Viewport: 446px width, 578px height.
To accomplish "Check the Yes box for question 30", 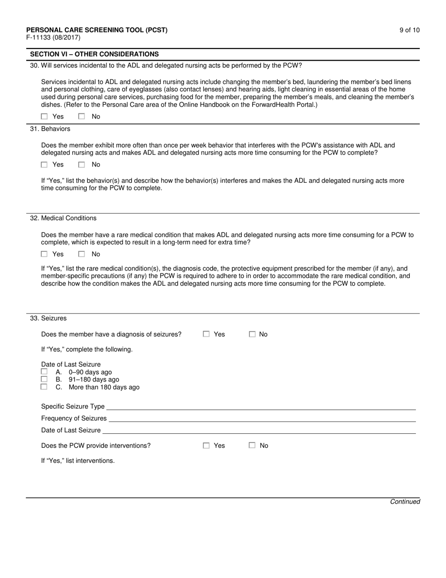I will [45, 117].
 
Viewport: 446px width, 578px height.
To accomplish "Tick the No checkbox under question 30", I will [82, 117].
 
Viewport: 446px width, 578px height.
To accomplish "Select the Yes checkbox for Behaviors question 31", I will [45, 164].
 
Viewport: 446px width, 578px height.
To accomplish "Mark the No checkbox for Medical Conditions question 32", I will [82, 254].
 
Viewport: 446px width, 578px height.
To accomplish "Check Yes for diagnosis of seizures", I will [206, 334].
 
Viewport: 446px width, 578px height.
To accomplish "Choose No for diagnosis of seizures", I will [252, 334].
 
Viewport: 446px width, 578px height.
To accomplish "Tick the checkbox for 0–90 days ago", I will [45, 372].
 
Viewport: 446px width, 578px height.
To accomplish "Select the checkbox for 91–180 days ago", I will [45, 379].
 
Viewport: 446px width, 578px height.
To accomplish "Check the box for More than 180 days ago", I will [45, 387].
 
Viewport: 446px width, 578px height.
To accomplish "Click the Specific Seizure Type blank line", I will [261, 407].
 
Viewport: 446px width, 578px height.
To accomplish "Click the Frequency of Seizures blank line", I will [261, 419].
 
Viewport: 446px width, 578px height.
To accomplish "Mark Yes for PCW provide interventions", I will [206, 445].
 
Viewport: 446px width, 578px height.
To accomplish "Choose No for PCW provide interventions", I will [252, 445].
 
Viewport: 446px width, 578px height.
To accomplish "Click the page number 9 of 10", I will [409, 30].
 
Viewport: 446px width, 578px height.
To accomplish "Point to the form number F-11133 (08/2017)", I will [53, 38].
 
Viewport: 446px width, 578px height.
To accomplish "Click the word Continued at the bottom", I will [405, 501].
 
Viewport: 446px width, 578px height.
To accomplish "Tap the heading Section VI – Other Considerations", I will [94, 55].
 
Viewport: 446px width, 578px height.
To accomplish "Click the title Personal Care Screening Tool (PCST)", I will [97, 30].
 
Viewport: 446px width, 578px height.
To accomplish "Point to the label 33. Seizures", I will [48, 318].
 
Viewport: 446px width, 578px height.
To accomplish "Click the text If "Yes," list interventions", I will [78, 461].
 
